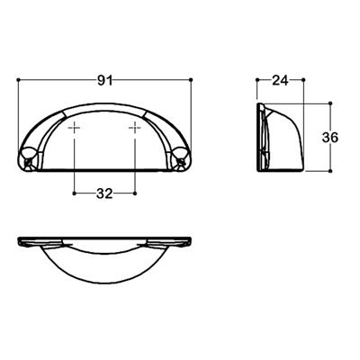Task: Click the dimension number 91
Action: tap(104, 81)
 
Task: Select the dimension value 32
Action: tap(104, 193)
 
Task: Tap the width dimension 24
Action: tap(280, 81)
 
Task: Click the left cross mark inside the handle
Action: tap(74, 131)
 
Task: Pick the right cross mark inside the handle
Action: tap(135, 131)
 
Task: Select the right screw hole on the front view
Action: tap(181, 161)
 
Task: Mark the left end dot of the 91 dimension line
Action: tap(19, 81)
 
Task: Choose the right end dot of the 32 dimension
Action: tap(135, 192)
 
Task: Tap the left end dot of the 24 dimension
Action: tap(258, 81)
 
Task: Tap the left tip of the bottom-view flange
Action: tap(21, 240)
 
